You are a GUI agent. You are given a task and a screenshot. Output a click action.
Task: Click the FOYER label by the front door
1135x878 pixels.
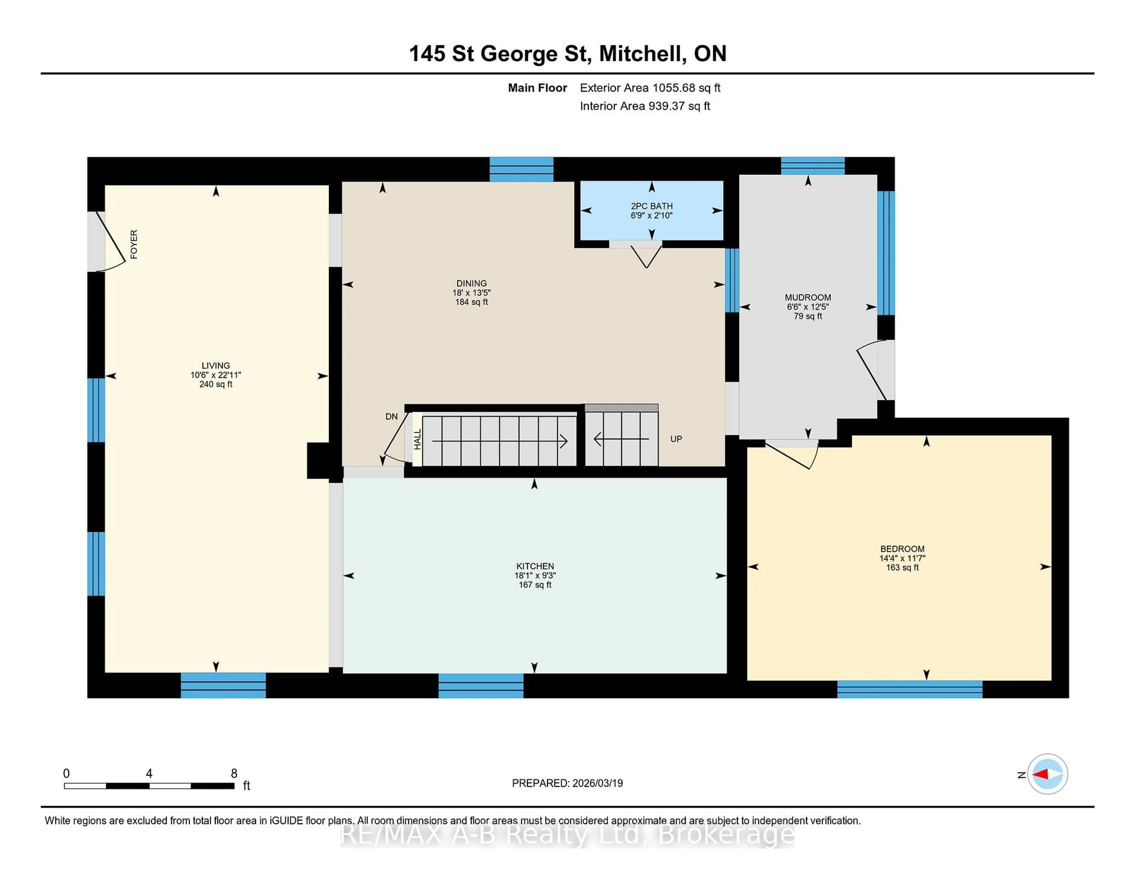[x=134, y=244]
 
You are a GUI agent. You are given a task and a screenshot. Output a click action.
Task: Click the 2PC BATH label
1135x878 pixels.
[x=652, y=206]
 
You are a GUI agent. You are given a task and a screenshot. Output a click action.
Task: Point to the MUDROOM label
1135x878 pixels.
[x=808, y=298]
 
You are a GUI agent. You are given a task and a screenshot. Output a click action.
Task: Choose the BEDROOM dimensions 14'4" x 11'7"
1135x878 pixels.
[x=902, y=558]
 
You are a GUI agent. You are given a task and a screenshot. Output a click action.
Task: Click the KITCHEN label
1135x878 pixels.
[x=535, y=566]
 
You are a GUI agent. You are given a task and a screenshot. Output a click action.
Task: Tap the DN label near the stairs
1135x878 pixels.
[x=391, y=417]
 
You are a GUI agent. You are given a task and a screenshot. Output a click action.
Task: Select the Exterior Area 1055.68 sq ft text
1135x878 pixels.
[x=650, y=88]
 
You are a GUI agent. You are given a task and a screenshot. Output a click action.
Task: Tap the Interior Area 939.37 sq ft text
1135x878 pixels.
[x=644, y=106]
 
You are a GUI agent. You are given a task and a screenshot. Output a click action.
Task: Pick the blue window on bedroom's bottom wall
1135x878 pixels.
[x=909, y=689]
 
